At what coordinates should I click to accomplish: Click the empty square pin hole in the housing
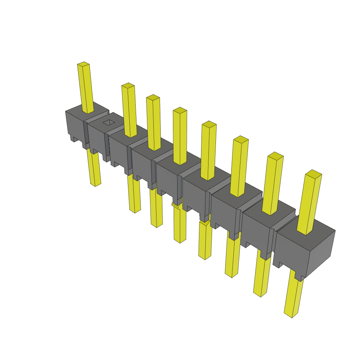point(109,122)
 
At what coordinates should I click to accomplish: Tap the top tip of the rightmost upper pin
point(314,173)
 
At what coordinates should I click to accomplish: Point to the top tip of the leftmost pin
point(83,64)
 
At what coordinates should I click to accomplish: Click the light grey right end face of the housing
point(321,251)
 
